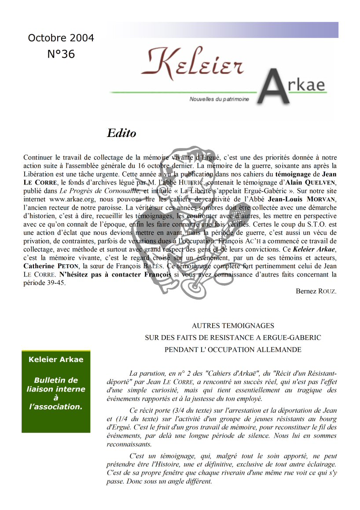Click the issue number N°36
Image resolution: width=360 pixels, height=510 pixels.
pos(61,54)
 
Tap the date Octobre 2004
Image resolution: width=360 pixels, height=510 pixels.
pos(61,38)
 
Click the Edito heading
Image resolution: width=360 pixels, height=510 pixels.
pos(121,133)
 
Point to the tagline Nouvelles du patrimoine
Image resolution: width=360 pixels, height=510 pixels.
pos(219,99)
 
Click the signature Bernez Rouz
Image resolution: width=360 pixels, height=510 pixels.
pos(316,291)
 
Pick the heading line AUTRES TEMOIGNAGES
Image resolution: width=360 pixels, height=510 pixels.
pos(233,326)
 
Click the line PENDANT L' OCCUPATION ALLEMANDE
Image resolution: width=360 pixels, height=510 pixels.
pos(233,350)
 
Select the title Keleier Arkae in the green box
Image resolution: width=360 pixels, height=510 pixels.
pos(56,359)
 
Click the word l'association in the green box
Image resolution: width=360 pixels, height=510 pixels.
pos(56,407)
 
